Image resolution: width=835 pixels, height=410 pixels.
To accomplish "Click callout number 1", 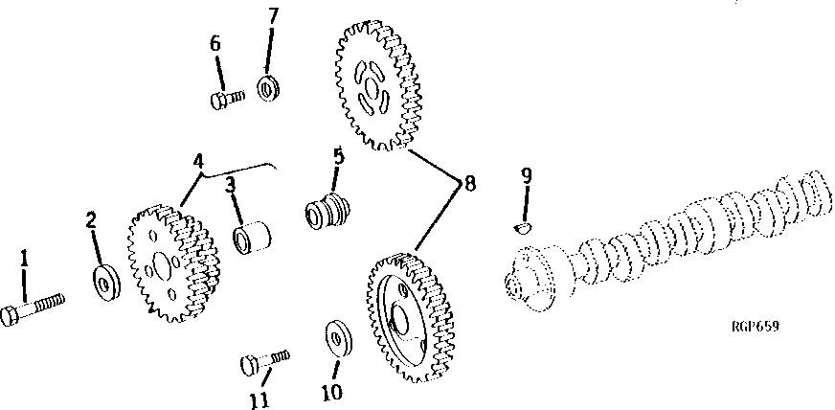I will (24, 258).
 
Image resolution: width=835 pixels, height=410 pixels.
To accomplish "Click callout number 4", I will (197, 161).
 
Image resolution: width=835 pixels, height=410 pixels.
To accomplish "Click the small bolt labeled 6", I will (226, 98).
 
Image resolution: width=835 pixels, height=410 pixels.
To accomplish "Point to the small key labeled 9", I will (523, 226).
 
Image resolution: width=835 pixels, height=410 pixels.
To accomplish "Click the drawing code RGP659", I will (754, 327).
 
